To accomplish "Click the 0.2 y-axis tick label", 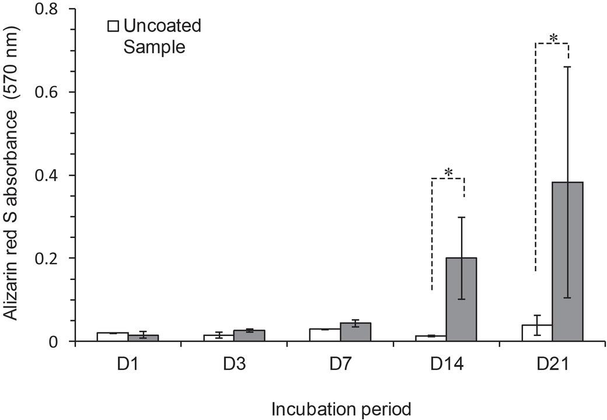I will tap(48, 258).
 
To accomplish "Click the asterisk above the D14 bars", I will tap(448, 173).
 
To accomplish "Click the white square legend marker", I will tap(113, 26).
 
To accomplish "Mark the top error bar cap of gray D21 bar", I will tap(568, 67).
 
